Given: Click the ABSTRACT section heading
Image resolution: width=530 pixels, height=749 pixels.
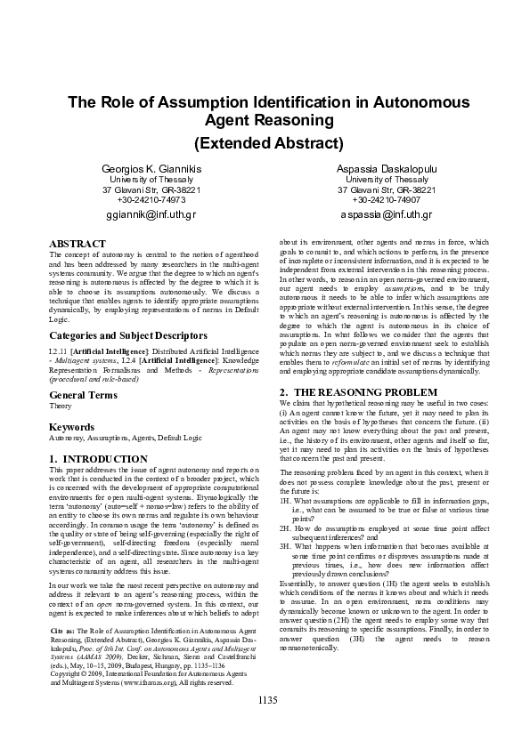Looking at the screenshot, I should point(77,243).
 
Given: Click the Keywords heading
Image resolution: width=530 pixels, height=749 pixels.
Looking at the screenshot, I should point(71,427).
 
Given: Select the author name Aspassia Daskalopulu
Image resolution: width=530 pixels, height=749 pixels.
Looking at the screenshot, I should point(387,169).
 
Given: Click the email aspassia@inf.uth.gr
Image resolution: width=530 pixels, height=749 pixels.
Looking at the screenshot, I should point(387,215).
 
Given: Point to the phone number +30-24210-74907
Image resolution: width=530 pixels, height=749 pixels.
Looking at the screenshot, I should point(387,200).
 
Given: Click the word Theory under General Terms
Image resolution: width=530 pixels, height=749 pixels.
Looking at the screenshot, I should point(60,406).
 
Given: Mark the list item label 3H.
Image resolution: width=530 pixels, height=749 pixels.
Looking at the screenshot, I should point(285,545).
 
